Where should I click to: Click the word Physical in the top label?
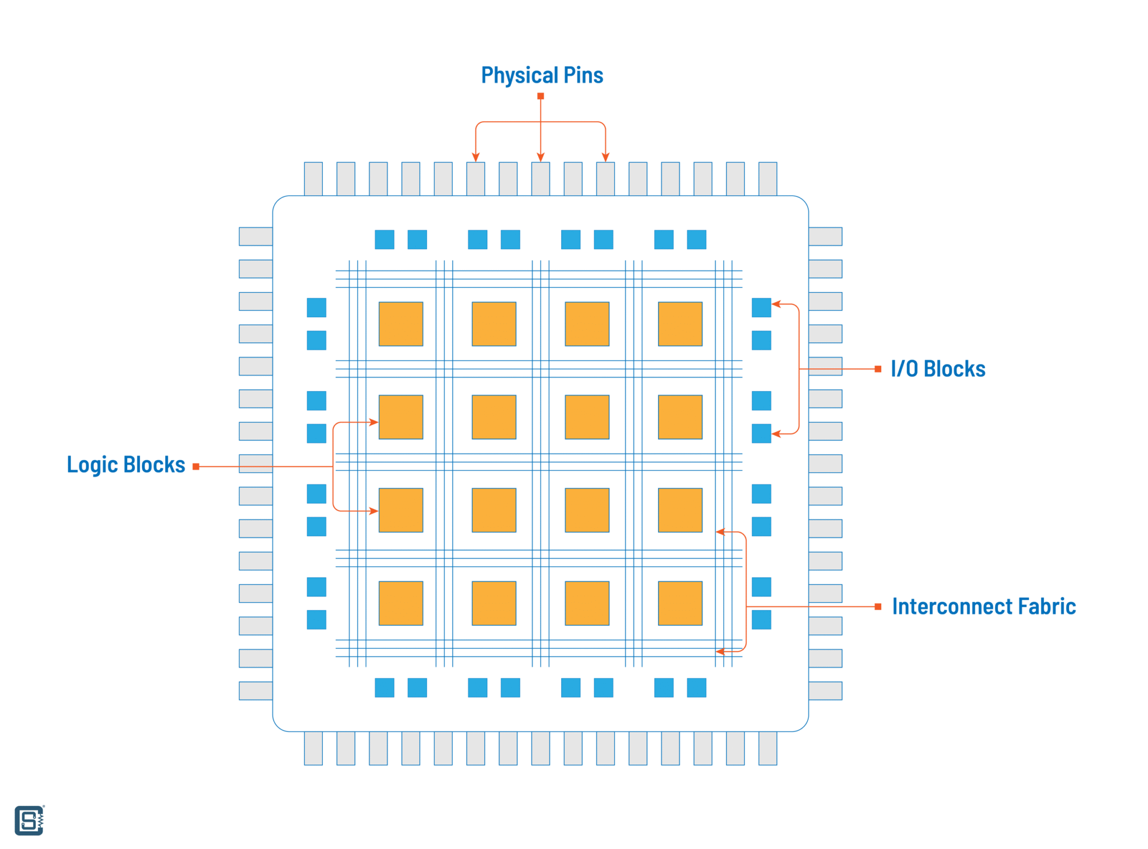514,76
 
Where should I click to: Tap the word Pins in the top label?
583,76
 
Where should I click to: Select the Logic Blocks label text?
126,465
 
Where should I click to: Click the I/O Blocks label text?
937,369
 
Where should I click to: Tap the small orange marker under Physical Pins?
540,96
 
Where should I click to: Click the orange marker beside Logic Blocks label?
196,466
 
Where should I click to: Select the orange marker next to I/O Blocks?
878,369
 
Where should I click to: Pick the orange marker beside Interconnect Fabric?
878,606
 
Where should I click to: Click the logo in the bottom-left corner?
29,820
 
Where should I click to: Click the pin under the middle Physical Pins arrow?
540,179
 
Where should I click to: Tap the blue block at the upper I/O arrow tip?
761,308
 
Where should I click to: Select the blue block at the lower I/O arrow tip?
761,433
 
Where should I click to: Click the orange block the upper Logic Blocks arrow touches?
401,417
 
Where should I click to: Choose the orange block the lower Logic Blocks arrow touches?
401,510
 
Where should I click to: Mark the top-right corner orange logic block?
680,324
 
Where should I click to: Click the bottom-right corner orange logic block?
680,603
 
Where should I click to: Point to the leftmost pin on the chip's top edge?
313,179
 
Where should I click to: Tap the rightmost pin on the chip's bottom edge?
767,748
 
